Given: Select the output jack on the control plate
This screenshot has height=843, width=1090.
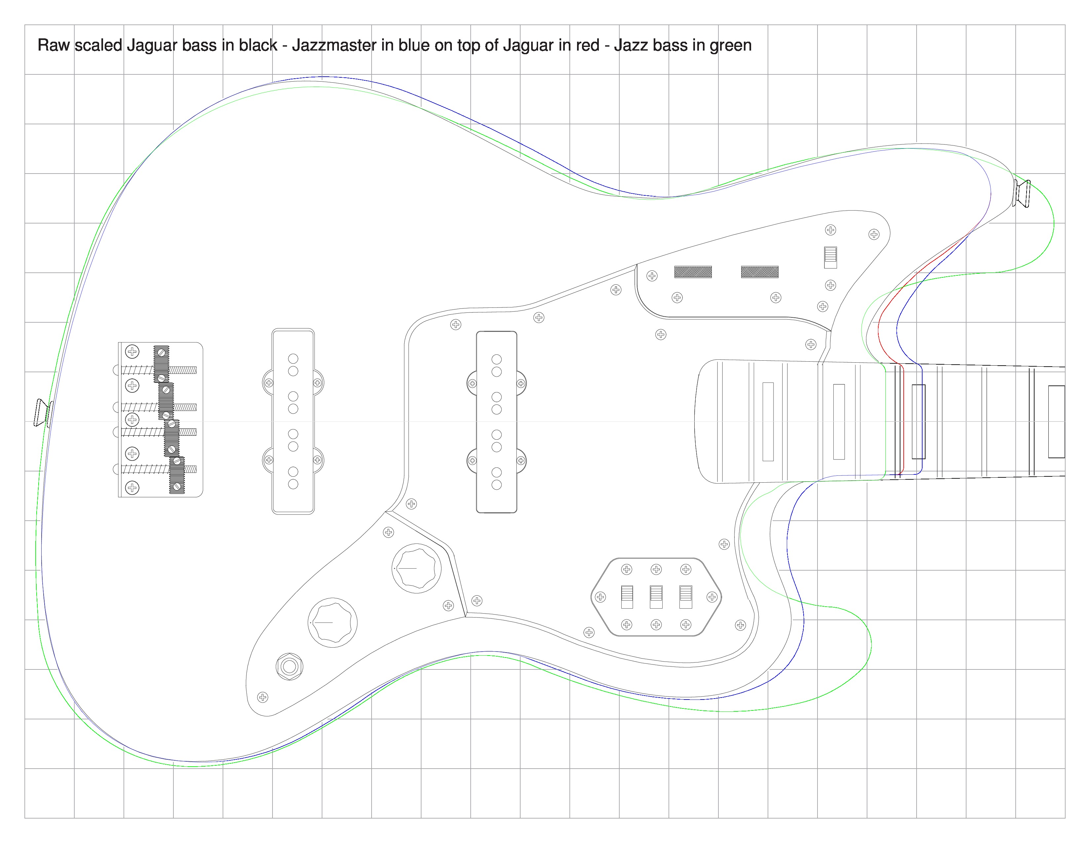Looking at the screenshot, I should click(x=289, y=666).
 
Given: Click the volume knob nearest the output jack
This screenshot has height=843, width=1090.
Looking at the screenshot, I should click(x=332, y=622).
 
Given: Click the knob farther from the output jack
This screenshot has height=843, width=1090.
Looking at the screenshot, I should click(x=416, y=568).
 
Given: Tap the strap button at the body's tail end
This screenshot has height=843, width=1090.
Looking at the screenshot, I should click(x=42, y=413).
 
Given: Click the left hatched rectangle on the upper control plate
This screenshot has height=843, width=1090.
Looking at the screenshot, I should click(x=693, y=272).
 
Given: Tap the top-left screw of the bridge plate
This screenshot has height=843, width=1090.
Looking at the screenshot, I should click(x=132, y=352).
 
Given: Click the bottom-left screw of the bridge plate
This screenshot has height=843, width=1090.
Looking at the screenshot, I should click(x=132, y=487).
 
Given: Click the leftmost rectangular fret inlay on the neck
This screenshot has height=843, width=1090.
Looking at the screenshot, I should click(x=768, y=421).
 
